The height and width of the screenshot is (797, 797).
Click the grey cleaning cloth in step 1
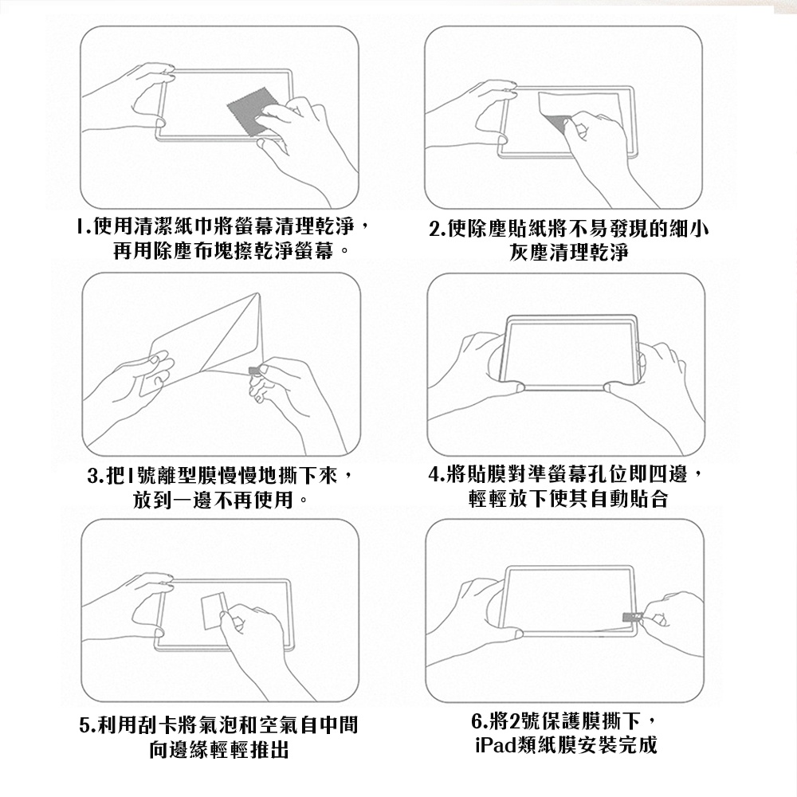tap(249, 113)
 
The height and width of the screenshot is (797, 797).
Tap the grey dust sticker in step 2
tap(556, 122)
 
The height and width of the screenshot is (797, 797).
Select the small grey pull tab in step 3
tap(254, 371)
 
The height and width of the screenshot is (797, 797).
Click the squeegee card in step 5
tap(214, 611)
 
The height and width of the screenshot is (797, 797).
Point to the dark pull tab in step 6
tap(632, 617)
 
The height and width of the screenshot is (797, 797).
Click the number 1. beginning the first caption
tap(84, 226)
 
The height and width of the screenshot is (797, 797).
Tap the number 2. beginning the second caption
tap(437, 229)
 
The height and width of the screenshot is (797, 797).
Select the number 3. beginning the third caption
tap(96, 476)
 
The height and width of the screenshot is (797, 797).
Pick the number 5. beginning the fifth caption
tap(88, 724)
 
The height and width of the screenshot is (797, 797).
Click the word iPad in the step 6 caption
tap(496, 745)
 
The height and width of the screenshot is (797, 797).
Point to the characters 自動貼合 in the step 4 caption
tap(630, 499)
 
